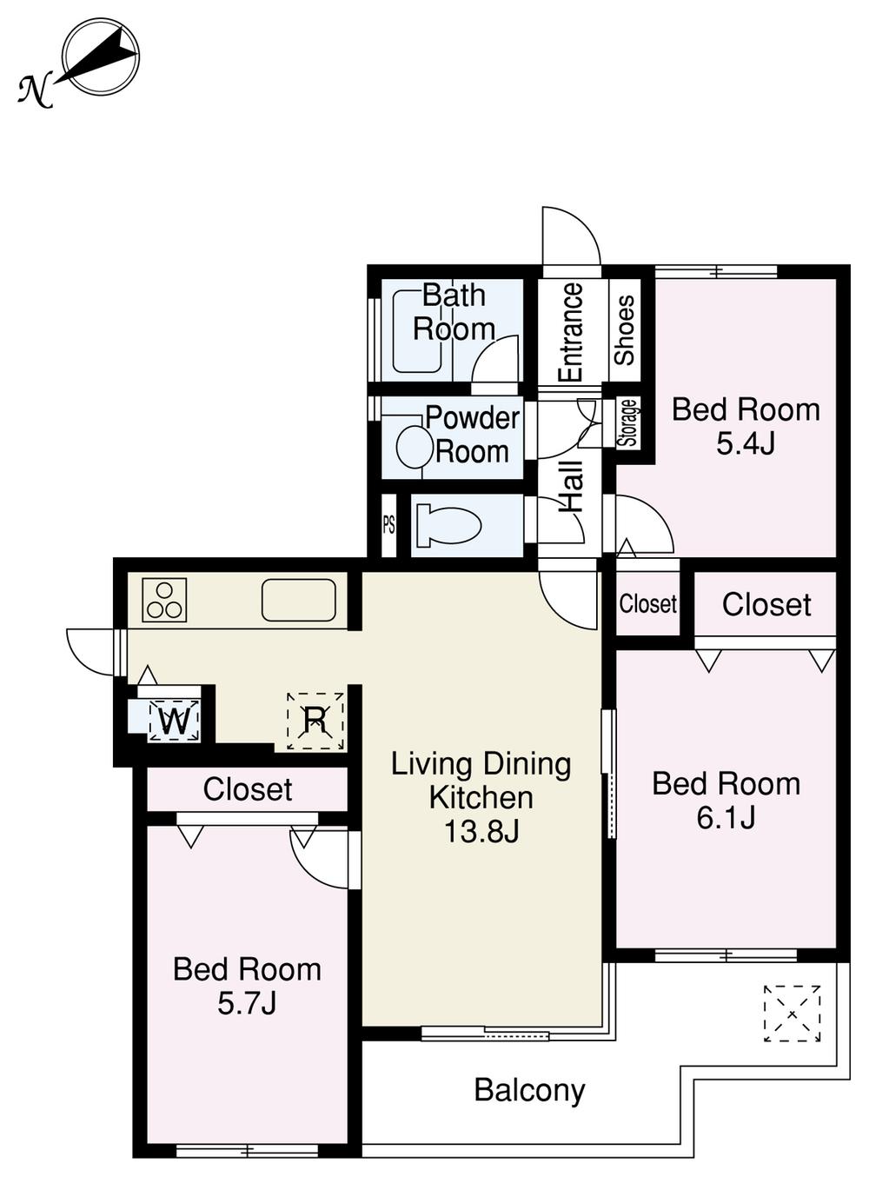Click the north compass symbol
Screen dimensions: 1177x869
100,57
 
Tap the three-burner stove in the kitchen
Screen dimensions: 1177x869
164,600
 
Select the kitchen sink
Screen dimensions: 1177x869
298,600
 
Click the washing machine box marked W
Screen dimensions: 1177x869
175,721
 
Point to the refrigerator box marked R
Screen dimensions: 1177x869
315,720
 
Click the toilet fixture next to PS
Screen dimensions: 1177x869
448,526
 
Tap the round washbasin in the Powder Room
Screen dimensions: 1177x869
415,448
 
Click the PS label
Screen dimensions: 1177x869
388,526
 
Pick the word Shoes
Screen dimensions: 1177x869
625,330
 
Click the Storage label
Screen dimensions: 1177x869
628,422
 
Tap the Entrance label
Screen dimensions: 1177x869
570,332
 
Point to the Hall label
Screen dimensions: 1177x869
570,487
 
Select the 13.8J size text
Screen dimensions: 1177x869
481,832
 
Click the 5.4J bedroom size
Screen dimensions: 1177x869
745,444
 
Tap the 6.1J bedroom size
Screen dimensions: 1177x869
726,818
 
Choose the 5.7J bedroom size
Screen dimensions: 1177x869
247,1003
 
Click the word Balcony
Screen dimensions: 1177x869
529,1090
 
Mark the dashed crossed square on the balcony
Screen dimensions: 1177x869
792,1013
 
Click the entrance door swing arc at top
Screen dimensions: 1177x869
571,236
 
